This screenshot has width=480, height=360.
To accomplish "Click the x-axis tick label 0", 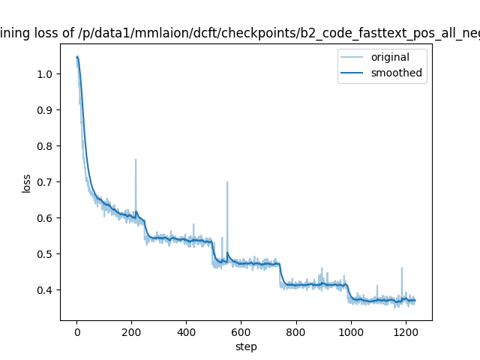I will pos(76,332).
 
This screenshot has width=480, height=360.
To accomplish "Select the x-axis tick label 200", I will pos(131,332).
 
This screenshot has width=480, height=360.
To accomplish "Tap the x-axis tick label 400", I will pos(186,332).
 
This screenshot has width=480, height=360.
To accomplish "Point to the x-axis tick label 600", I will pos(241,332).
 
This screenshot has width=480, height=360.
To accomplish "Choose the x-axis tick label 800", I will pos(296,332).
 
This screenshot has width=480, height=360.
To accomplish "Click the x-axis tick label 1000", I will pos(351,332).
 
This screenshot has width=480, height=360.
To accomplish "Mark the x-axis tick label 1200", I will pos(406,332).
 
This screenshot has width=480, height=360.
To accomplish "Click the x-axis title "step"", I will pos(246,346).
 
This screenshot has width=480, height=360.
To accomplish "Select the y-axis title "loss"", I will pos(26,183).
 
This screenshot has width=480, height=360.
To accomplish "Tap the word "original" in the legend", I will pos(394,57).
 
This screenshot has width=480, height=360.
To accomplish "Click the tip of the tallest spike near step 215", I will pos(136,159).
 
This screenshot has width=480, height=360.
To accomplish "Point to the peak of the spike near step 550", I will pos(227,181).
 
